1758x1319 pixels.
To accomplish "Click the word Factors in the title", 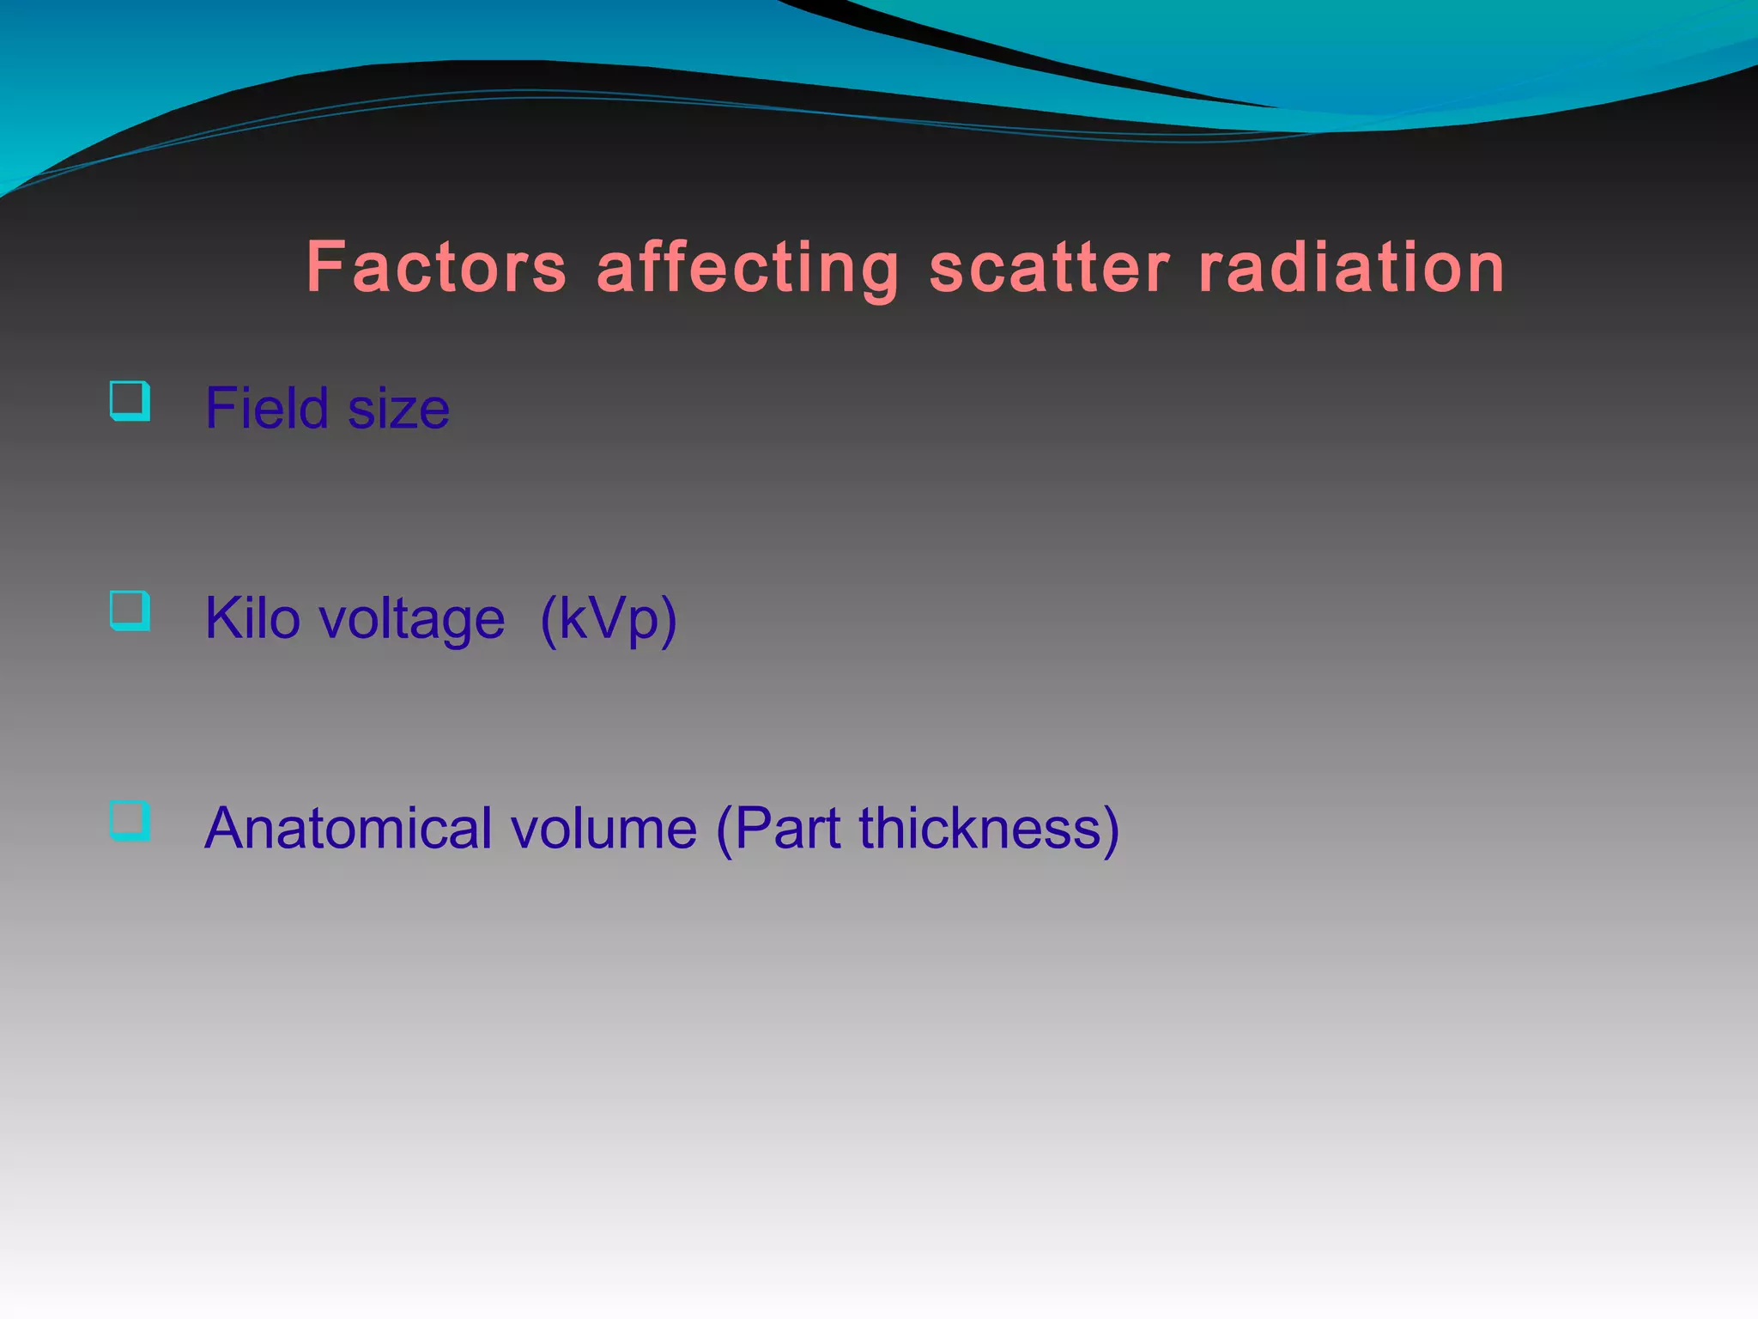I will (x=436, y=268).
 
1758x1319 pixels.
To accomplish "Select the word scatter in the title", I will (x=1049, y=268).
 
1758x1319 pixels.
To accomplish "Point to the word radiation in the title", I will (x=1351, y=268).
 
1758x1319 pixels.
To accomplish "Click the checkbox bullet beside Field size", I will (x=130, y=401).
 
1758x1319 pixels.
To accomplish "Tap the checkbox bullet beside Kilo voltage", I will (x=130, y=611).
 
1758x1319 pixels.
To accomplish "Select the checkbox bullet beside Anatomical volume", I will (x=130, y=821).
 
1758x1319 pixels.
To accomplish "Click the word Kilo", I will (x=252, y=618).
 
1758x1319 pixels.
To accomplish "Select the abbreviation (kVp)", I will (x=609, y=620).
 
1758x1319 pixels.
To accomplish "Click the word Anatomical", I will (x=349, y=829).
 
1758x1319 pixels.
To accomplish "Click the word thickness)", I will (x=989, y=829).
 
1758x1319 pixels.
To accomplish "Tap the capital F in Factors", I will (x=325, y=267).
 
